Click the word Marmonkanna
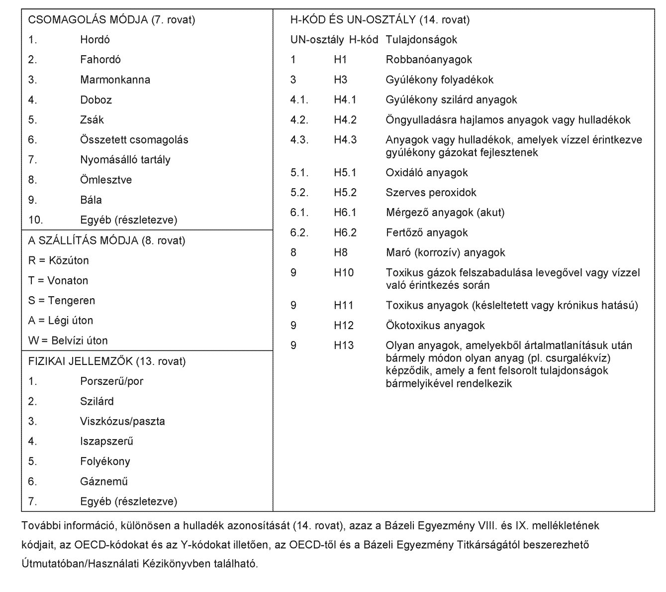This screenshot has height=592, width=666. point(115,80)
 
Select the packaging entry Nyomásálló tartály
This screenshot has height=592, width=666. point(125,160)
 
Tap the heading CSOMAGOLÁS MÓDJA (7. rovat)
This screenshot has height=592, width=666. point(111,20)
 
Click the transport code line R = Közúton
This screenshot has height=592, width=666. point(58,260)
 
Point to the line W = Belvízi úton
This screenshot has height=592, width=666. point(68,341)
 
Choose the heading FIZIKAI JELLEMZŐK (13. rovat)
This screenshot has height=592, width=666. point(106,361)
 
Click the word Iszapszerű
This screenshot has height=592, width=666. point(106,441)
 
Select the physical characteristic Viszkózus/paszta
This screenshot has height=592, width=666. point(122,421)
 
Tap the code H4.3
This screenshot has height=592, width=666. point(345,140)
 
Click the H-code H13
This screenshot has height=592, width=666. point(344,346)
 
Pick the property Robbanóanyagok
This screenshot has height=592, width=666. point(429,60)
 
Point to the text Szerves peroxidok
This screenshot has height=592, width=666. point(431,193)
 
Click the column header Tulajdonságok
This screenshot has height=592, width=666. point(421,40)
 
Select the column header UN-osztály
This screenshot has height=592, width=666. point(317,40)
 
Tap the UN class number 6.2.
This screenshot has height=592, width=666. point(299,233)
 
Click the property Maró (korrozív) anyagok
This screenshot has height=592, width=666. point(445,252)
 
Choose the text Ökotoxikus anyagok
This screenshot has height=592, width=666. point(435,326)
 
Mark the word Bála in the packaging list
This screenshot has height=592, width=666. point(91,200)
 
